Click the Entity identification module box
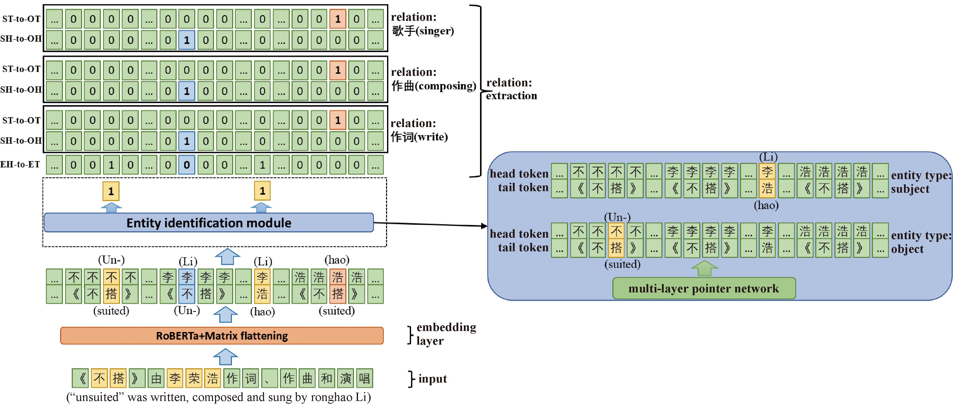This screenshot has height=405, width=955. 208,223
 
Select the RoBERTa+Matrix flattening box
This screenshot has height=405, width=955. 222,336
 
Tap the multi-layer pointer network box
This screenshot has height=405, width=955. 704,288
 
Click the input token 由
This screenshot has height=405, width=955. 156,378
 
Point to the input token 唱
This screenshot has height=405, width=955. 364,378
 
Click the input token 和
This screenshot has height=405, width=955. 326,378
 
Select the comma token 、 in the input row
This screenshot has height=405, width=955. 270,378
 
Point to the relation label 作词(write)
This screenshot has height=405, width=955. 419,137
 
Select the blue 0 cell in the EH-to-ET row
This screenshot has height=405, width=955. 186,165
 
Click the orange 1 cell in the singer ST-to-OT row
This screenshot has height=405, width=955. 337,19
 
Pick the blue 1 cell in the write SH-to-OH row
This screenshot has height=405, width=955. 186,141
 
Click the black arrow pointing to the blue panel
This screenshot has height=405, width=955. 430,224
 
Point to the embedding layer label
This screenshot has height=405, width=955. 446,334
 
